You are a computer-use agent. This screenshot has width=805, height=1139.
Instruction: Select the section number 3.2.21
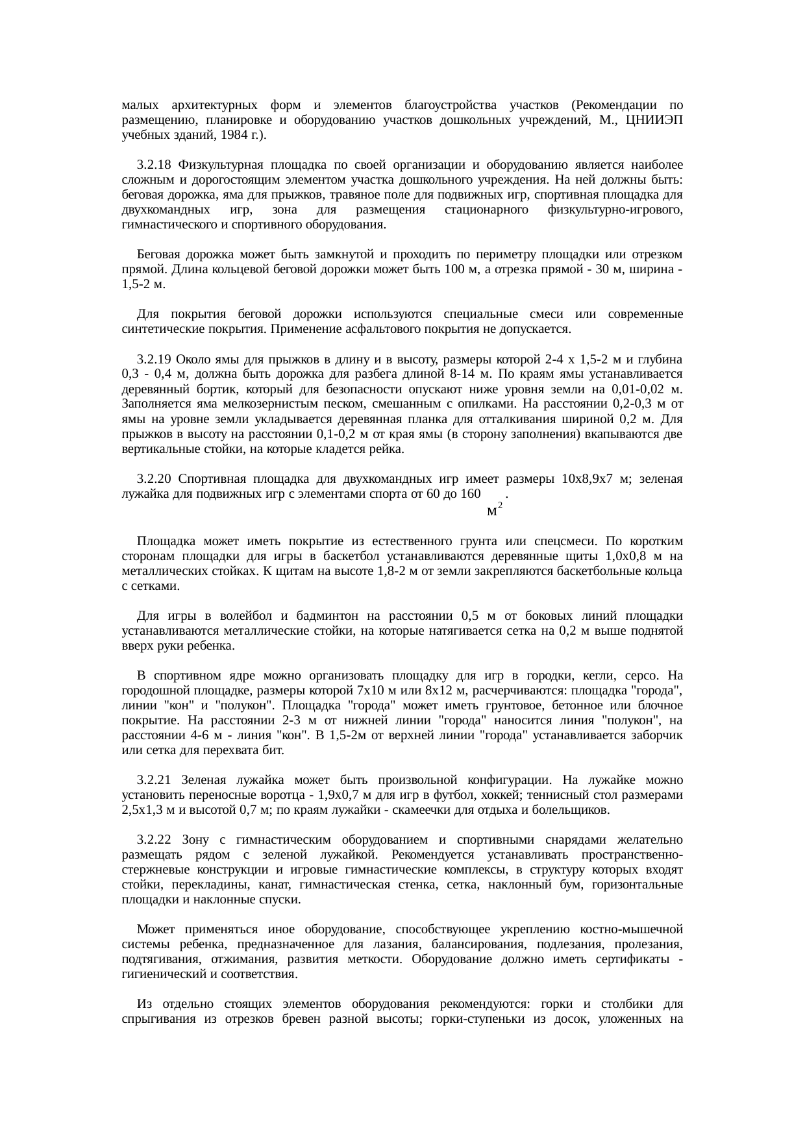(155, 779)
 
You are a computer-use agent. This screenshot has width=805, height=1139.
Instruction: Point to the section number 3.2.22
(155, 840)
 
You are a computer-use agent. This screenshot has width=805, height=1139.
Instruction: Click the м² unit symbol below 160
(494, 510)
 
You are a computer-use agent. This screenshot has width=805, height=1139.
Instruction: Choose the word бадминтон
(315, 615)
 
